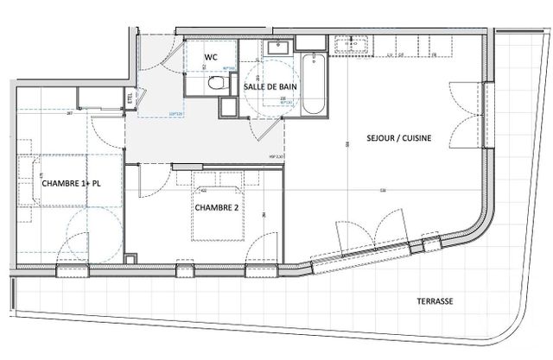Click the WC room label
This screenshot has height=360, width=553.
coord(210,58)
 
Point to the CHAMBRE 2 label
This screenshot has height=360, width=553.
coord(217,207)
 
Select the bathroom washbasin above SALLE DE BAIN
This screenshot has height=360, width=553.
coord(278,48)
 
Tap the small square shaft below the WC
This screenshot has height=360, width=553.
coord(227,107)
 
